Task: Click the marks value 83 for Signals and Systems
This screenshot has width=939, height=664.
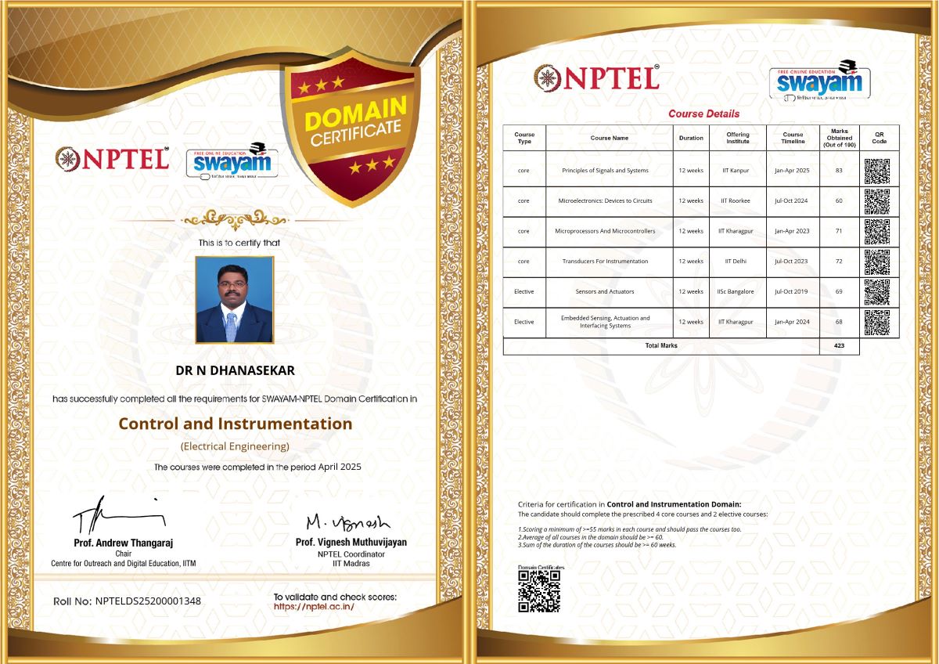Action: coord(839,171)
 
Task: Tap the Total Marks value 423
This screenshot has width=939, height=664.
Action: coord(840,345)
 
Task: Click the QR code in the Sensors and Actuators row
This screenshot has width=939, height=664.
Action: coord(877,292)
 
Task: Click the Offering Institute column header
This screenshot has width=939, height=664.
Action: coord(737,138)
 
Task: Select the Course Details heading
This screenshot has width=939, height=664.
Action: coord(703,114)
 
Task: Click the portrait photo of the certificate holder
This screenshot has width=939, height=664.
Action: coord(235,300)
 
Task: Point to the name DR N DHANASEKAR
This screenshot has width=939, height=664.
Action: coord(235,370)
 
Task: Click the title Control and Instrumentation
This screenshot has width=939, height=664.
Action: coord(235,424)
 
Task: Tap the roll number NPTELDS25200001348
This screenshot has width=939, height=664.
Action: coord(148,601)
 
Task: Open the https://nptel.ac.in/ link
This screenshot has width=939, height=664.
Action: coord(314,607)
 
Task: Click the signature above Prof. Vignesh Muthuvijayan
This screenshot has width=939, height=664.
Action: coord(347,522)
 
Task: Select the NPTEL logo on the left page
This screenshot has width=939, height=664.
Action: coord(112,159)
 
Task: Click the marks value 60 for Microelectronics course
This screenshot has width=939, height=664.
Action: coord(839,201)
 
